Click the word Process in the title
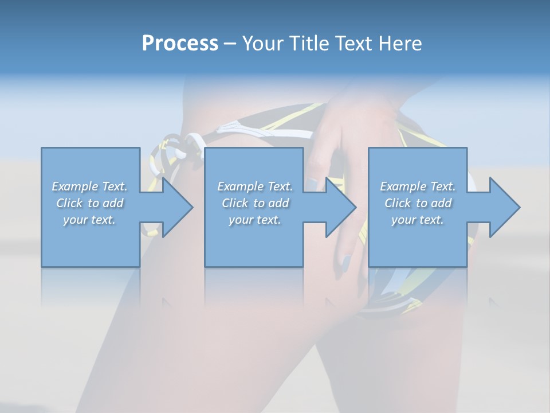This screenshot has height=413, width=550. tap(180, 44)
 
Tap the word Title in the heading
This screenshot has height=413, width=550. tap(311, 44)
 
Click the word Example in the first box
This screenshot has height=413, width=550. tap(75, 186)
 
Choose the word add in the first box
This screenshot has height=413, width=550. tap(113, 203)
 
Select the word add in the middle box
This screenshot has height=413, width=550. tap(279, 203)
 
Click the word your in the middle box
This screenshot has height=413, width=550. tap(240, 220)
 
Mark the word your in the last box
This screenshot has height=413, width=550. tap(403, 220)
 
